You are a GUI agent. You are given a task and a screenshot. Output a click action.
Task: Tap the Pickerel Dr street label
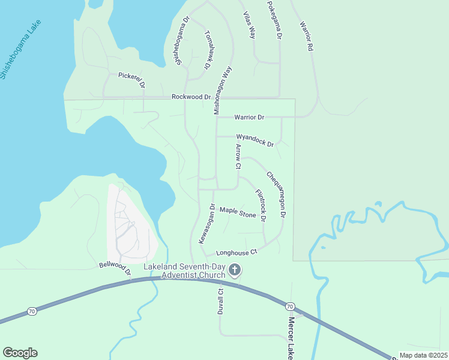coord(131,80)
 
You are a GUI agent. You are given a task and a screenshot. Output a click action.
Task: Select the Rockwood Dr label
coord(191,97)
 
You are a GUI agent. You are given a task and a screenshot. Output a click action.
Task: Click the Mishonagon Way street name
coord(223,91)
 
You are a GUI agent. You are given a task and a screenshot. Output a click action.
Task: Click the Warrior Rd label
coord(307,35)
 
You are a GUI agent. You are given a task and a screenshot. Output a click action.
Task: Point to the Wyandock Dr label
coord(255,140)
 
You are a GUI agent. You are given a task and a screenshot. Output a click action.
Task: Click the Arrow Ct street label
coord(238,156)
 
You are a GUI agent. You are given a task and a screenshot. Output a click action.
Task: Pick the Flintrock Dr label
coord(260,205)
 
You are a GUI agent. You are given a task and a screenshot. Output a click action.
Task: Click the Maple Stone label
coord(238,212)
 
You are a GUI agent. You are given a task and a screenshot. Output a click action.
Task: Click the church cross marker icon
coord(235,271)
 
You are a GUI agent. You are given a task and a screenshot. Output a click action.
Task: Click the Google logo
coord(20,353)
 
